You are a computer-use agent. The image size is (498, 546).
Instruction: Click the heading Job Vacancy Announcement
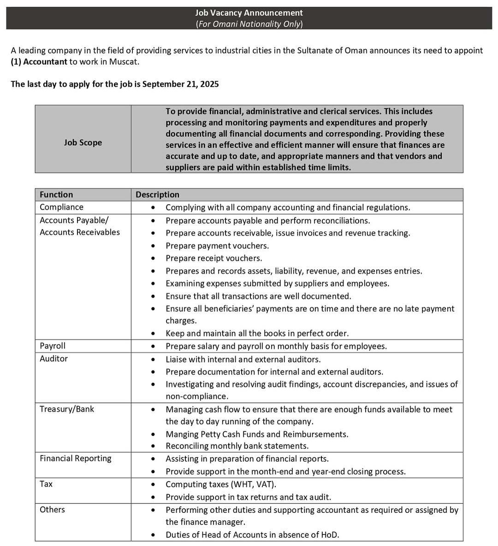(249, 13)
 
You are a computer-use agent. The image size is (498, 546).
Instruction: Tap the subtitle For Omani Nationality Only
(249, 24)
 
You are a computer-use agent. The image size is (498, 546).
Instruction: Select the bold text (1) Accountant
(39, 62)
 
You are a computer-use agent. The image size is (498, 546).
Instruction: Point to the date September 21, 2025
(180, 84)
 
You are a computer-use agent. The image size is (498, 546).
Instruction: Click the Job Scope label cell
(83, 142)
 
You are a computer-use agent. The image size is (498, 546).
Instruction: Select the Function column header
(56, 194)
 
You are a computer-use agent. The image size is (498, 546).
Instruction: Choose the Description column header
(157, 194)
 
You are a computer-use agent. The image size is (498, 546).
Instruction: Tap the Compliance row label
(61, 207)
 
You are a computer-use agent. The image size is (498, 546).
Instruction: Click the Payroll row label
(53, 346)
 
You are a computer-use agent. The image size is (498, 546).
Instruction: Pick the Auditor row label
(53, 358)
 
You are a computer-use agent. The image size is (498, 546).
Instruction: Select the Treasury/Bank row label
(67, 409)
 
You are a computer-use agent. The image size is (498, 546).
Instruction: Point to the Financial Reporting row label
(76, 458)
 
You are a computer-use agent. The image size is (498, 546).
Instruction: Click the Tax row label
(46, 484)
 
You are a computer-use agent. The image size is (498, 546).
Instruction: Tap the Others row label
(52, 510)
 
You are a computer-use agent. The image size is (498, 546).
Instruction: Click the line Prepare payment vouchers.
(217, 246)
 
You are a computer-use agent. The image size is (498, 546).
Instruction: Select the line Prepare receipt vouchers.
(214, 258)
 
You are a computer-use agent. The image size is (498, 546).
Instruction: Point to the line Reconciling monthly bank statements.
(237, 446)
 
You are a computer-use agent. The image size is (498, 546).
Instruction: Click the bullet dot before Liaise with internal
(153, 359)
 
